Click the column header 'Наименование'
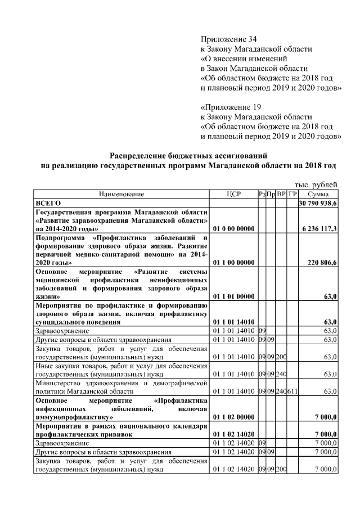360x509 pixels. (121, 194)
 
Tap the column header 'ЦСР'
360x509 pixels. (234, 194)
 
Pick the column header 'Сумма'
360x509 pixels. (318, 194)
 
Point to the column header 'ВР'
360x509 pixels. (282, 194)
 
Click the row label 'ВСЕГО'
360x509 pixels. (48, 202)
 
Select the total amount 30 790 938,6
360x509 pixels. (318, 202)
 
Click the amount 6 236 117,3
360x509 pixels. (319, 229)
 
